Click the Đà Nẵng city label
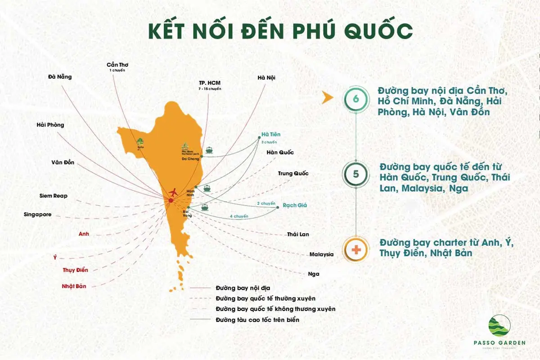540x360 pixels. click(60, 76)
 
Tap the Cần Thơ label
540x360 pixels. click(117, 65)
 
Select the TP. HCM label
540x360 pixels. click(210, 83)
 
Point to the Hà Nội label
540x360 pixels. click(266, 78)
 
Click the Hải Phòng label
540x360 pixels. click(50, 125)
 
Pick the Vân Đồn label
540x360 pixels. click(63, 162)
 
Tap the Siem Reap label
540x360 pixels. click(54, 196)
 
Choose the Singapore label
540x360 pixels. click(37, 215)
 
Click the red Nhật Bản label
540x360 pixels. click(74, 286)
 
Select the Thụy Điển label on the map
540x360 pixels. click(75, 270)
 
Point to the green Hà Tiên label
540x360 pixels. click(270, 135)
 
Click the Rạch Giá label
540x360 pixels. click(295, 205)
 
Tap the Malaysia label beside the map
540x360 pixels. click(321, 254)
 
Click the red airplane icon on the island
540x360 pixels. click(171, 193)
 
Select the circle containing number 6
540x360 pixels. click(356, 99)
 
